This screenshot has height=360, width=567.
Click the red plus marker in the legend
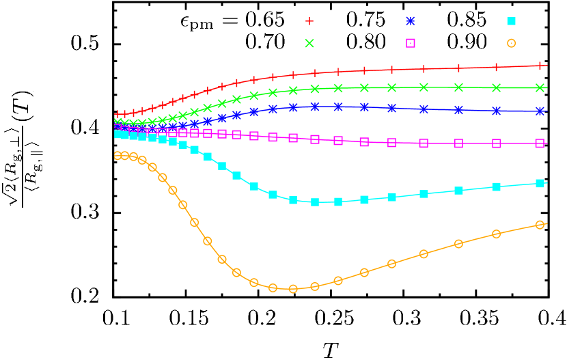click(x=309, y=21)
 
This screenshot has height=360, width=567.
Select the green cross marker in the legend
click(x=309, y=43)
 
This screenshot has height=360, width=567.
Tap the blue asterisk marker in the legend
click(x=411, y=21)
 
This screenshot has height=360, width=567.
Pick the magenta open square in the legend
click(x=411, y=43)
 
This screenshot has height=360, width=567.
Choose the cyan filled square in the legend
click(x=511, y=21)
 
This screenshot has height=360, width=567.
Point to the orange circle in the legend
click(x=511, y=43)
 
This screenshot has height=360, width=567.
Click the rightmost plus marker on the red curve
click(x=540, y=66)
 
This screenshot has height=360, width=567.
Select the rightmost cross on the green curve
click(x=540, y=87)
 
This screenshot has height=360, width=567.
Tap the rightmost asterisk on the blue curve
click(x=540, y=111)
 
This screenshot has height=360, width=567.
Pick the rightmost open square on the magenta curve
click(x=540, y=143)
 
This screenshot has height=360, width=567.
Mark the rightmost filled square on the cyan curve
click(x=540, y=183)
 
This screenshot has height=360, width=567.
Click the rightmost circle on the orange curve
click(x=540, y=225)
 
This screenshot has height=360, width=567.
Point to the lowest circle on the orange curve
click(x=293, y=289)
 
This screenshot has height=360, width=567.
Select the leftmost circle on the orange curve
click(x=117, y=156)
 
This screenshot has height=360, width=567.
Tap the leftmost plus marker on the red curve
click(x=117, y=114)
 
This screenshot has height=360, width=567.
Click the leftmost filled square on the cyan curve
click(x=117, y=135)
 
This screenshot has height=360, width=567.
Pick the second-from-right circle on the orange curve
click(x=497, y=234)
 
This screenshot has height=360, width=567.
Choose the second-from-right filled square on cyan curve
click(x=497, y=186)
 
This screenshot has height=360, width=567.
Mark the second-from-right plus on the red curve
click(x=497, y=67)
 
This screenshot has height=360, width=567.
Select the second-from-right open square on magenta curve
click(x=497, y=143)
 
